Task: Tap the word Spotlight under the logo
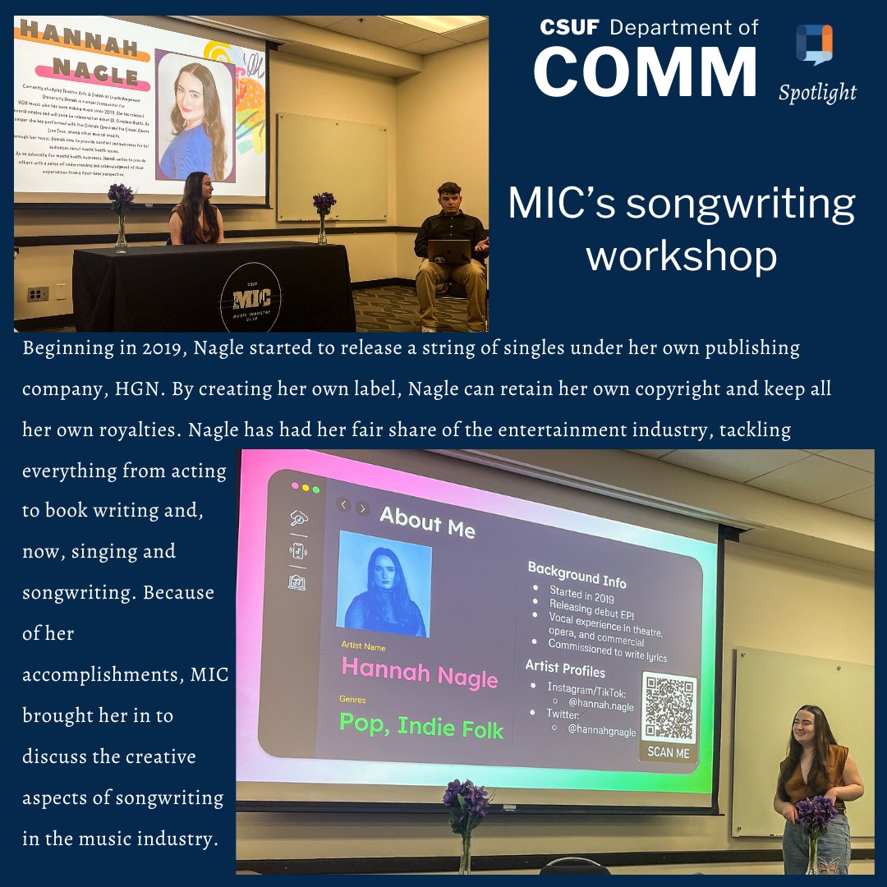(817, 93)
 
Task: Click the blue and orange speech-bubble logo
(814, 44)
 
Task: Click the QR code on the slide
(669, 707)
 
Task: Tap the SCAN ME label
(668, 751)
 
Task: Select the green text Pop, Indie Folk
(421, 724)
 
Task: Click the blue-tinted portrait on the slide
(384, 583)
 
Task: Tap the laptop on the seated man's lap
(448, 250)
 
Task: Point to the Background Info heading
(576, 574)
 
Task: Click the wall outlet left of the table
(38, 293)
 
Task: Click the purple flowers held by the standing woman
(815, 813)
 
